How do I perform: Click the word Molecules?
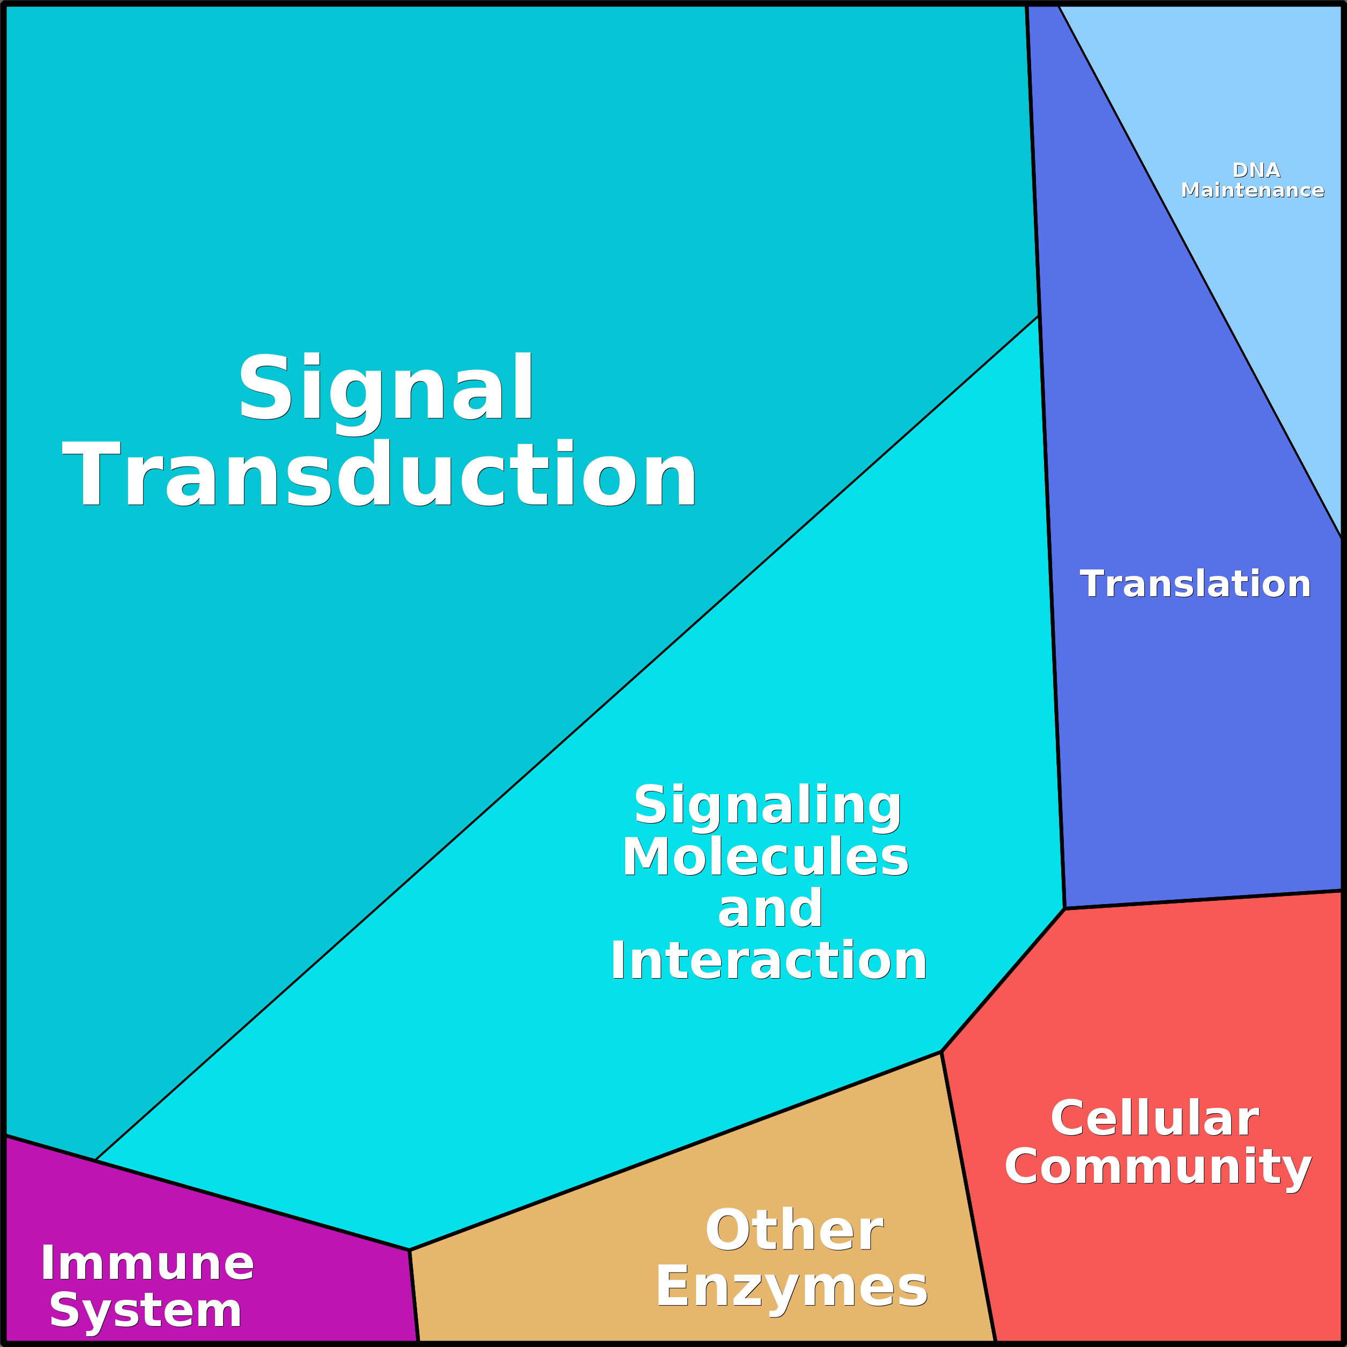766,857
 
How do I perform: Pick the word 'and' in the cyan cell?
769,909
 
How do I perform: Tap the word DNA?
1256,170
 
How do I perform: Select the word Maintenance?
1252,190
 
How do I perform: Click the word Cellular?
1154,1119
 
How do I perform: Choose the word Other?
794,1231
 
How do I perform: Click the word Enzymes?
791,1287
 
